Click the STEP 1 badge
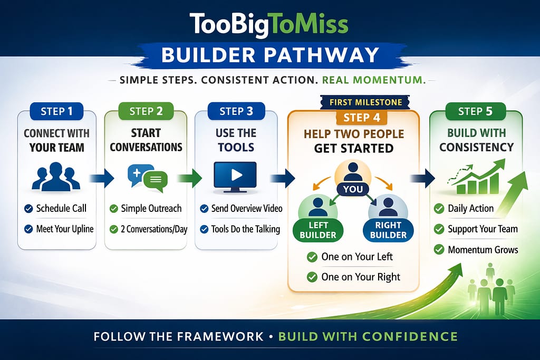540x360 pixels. coord(57,111)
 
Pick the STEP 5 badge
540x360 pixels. coord(476,111)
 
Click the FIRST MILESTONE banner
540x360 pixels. coord(361,102)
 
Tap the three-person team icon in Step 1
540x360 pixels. coord(56,177)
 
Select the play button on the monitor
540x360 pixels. coord(235,174)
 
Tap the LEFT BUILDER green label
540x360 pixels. coord(318,230)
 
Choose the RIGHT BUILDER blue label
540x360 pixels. coord(388,230)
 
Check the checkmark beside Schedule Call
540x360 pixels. coord(28,209)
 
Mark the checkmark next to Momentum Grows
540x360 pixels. coord(438,249)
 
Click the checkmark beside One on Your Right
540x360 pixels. coord(312,277)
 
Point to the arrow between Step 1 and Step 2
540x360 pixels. coord(102,178)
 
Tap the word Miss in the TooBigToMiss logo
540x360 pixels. coord(322,24)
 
